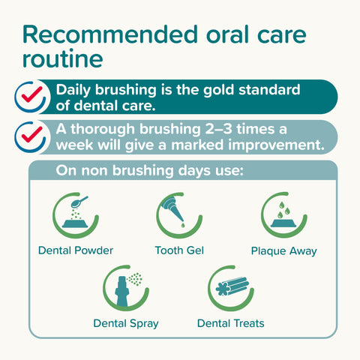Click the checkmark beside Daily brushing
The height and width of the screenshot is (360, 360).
pyautogui.click(x=31, y=96)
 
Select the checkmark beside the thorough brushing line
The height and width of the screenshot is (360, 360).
pyautogui.click(x=31, y=135)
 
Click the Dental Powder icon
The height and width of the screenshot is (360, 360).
pyautogui.click(x=75, y=214)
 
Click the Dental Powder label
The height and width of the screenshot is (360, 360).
pyautogui.click(x=75, y=250)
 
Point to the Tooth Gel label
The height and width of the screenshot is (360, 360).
pyautogui.click(x=179, y=250)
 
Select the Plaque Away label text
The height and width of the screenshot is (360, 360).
pyautogui.click(x=283, y=250)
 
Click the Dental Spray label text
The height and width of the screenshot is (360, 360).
pyautogui.click(x=126, y=324)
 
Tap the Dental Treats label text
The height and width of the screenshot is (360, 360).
pyautogui.click(x=230, y=324)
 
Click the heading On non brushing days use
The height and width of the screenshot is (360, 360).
pyautogui.click(x=149, y=172)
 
